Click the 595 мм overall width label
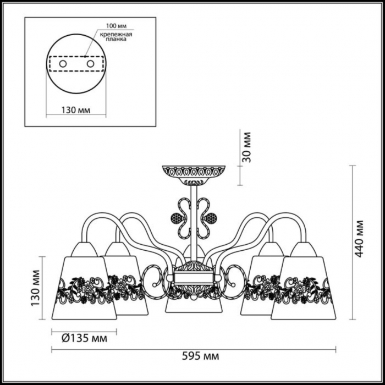[200, 356]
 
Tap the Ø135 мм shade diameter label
[84, 339]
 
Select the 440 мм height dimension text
[359, 239]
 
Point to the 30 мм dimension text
[246, 147]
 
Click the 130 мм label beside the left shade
[35, 288]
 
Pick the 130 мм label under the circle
[76, 110]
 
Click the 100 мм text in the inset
[116, 26]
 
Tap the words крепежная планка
[116, 37]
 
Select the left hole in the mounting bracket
[63, 64]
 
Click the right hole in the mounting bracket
[90, 64]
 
